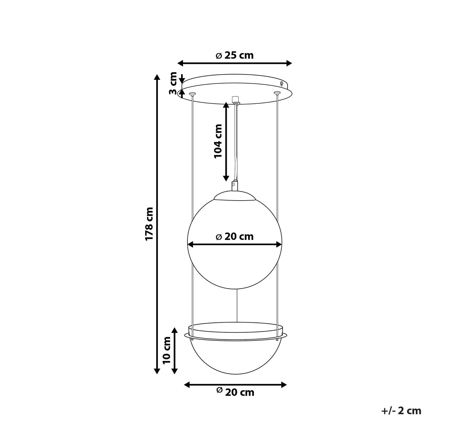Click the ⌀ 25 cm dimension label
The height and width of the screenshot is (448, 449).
tap(235, 55)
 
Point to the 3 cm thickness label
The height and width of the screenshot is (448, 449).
tap(173, 83)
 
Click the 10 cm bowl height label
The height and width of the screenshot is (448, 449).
tap(166, 350)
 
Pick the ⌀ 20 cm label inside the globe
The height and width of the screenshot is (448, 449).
tap(235, 236)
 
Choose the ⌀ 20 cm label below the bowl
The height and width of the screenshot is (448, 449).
tap(235, 392)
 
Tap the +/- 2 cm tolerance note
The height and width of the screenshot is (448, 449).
tap(401, 411)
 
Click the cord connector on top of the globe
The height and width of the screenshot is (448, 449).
tap(235, 185)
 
